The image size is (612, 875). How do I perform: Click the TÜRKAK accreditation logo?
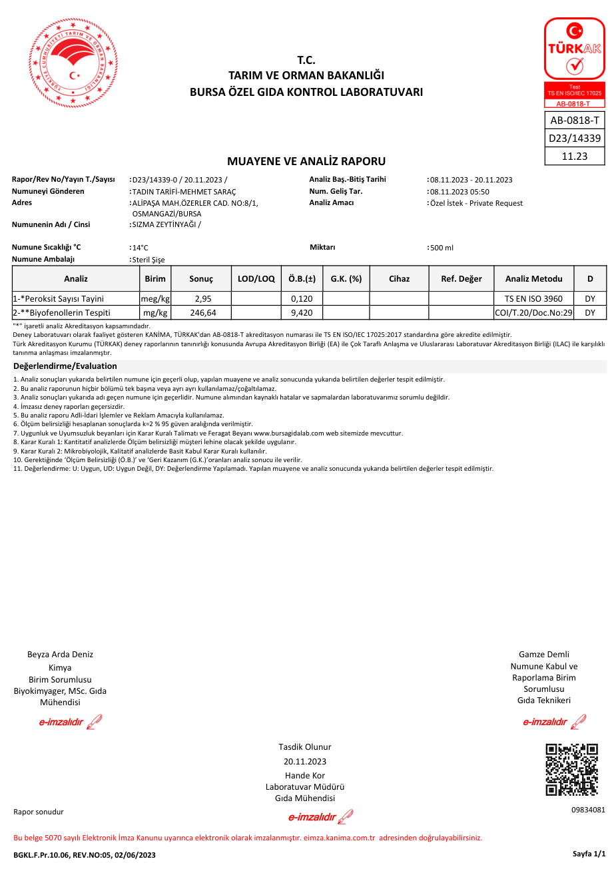[575, 62]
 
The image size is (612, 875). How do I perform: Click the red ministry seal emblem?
[69, 63]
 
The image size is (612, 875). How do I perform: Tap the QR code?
[571, 770]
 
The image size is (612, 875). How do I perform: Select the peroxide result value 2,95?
[202, 298]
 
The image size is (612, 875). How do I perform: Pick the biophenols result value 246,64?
[202, 312]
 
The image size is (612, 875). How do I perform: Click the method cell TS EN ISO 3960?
[533, 298]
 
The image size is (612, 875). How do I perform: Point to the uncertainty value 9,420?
[302, 312]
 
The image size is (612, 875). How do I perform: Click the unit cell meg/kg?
[155, 298]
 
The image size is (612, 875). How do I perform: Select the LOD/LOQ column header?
[256, 278]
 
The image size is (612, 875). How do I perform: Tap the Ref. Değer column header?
[461, 278]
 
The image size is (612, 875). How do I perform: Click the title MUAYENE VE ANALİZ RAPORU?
[306, 161]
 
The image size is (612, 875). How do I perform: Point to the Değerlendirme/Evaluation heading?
[65, 366]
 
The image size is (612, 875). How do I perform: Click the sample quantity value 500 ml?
[442, 248]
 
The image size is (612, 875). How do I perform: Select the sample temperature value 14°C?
[141, 248]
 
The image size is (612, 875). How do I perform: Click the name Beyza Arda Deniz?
[60, 654]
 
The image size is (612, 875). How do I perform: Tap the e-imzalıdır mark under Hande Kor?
[320, 817]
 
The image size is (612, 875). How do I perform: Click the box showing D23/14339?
[575, 139]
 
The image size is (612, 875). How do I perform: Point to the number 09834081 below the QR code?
[588, 810]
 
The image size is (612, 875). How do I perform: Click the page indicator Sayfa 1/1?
[589, 854]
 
